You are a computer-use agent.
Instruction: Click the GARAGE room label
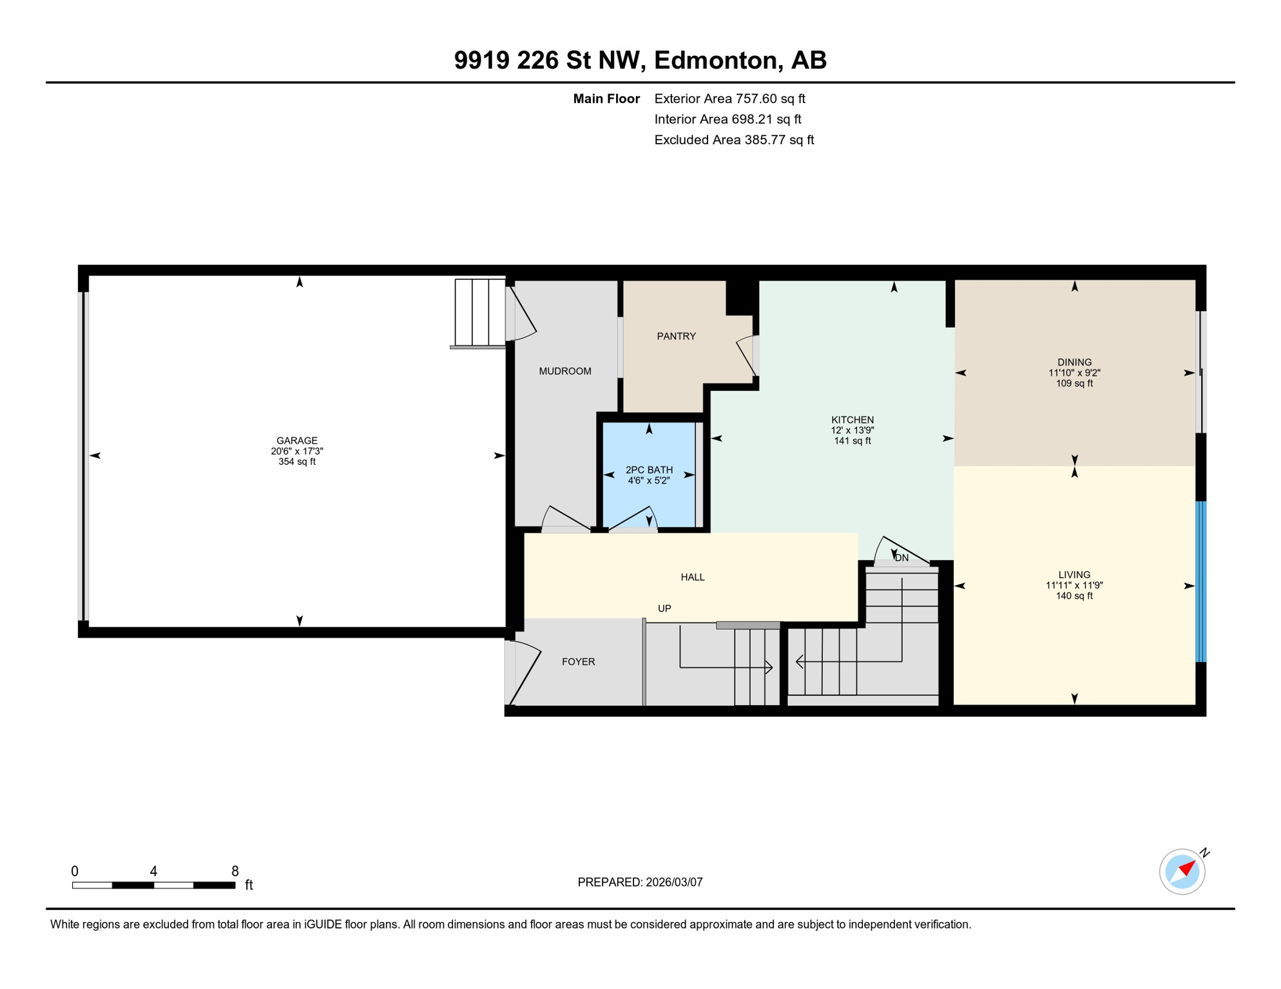pos(297,440)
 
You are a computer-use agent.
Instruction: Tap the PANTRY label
pos(676,336)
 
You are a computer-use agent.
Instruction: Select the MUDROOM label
pos(564,371)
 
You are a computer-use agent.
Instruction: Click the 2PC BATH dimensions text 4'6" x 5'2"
pos(649,480)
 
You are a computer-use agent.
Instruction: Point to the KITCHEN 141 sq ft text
pos(852,441)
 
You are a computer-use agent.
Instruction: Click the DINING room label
pos(1074,362)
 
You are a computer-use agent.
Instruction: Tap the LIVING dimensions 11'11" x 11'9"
pos(1074,585)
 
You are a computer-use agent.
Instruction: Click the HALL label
pos(693,577)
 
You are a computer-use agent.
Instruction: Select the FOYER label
pos(578,661)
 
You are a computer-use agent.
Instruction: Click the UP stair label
pos(664,608)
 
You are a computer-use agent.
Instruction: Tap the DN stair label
pos(902,558)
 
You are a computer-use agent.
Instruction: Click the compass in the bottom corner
pos(1182,871)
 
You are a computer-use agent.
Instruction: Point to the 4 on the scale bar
pos(153,871)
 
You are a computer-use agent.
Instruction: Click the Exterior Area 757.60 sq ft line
pos(729,99)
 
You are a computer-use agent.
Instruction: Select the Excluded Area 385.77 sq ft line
pos(734,140)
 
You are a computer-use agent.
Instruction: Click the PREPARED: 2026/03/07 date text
pos(640,882)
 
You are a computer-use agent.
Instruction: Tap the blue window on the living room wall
pos(1200,581)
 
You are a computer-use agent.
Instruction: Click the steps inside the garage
pos(479,312)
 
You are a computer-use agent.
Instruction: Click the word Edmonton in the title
pos(718,60)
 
